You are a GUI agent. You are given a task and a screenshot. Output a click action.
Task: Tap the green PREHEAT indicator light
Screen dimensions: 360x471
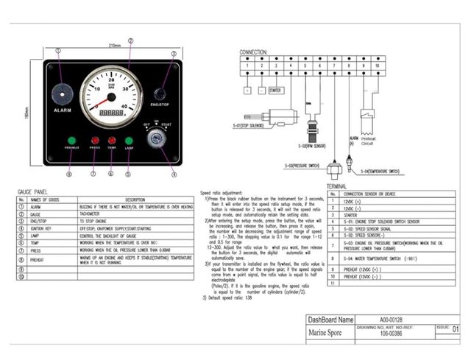pos(72,140)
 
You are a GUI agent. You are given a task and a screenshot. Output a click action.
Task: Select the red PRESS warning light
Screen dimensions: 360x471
pos(95,140)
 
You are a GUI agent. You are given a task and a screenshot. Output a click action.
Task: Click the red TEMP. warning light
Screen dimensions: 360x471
pos(112,140)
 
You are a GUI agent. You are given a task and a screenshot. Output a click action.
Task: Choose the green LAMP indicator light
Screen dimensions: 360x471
pos(129,140)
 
